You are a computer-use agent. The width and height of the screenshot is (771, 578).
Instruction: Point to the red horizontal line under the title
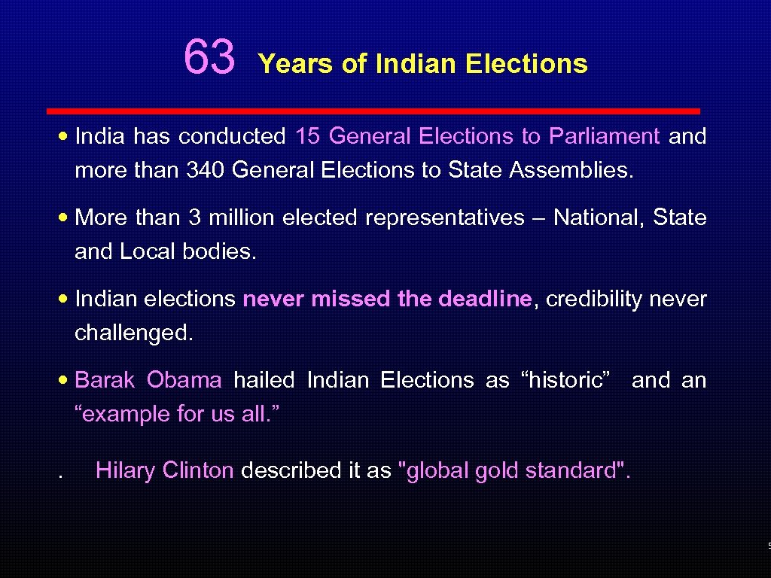373,111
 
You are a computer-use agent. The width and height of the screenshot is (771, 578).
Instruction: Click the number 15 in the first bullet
308,136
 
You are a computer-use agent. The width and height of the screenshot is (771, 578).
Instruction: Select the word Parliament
604,136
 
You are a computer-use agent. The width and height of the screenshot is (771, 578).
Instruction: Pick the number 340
206,170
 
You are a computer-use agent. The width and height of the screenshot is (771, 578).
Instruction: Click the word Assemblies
571,170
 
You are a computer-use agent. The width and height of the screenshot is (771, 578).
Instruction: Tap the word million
239,218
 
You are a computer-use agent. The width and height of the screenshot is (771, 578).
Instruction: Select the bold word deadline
484,299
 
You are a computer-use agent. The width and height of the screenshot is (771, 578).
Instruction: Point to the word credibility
591,300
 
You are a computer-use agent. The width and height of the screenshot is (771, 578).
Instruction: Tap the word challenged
134,333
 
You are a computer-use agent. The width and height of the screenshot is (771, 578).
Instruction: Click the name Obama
184,380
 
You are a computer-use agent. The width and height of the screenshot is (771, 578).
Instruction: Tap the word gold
496,471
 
